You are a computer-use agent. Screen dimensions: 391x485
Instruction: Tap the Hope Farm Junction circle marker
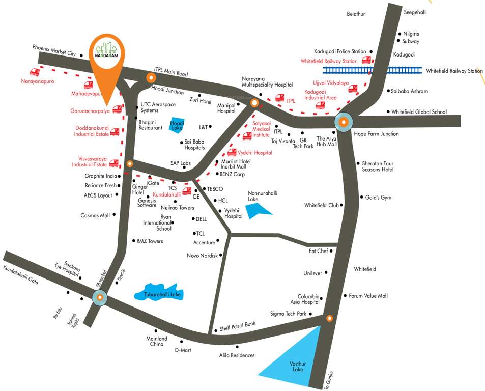coord(344,122)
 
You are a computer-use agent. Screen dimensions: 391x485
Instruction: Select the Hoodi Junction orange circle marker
coord(151,78)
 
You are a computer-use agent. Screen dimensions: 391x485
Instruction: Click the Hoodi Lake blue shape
coord(177,125)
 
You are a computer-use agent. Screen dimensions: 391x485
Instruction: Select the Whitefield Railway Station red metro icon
coord(366,60)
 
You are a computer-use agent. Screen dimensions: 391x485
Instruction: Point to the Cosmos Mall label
coord(95,215)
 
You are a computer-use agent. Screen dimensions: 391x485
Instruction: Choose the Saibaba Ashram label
coord(409,91)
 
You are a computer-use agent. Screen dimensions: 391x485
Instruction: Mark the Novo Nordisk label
coord(202,255)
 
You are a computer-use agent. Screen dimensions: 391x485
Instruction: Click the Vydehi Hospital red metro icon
coord(232,152)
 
